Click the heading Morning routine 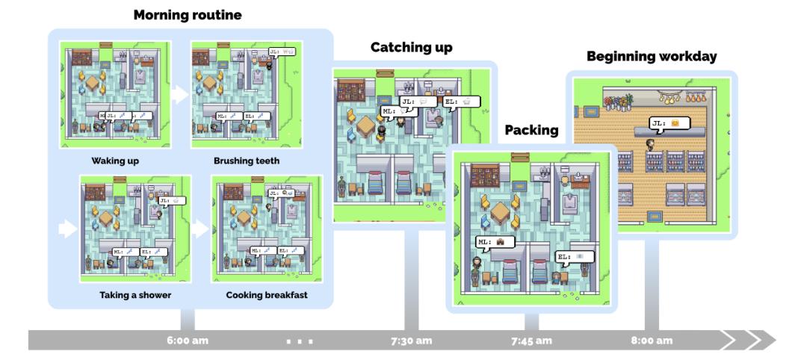click(188, 14)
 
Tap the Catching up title click(411, 48)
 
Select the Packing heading click(531, 130)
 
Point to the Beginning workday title click(651, 56)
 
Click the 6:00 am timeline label click(188, 341)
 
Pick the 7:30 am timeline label click(411, 341)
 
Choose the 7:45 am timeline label click(531, 341)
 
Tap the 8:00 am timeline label click(651, 341)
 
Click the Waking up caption click(115, 161)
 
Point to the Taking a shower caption click(135, 295)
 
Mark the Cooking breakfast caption click(267, 295)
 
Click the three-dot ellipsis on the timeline click(300, 341)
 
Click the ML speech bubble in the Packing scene click(491, 242)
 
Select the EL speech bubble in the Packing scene click(575, 257)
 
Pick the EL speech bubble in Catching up click(460, 102)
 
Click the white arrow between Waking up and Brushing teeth click(179, 95)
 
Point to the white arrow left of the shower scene click(68, 229)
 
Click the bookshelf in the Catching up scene click(351, 90)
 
